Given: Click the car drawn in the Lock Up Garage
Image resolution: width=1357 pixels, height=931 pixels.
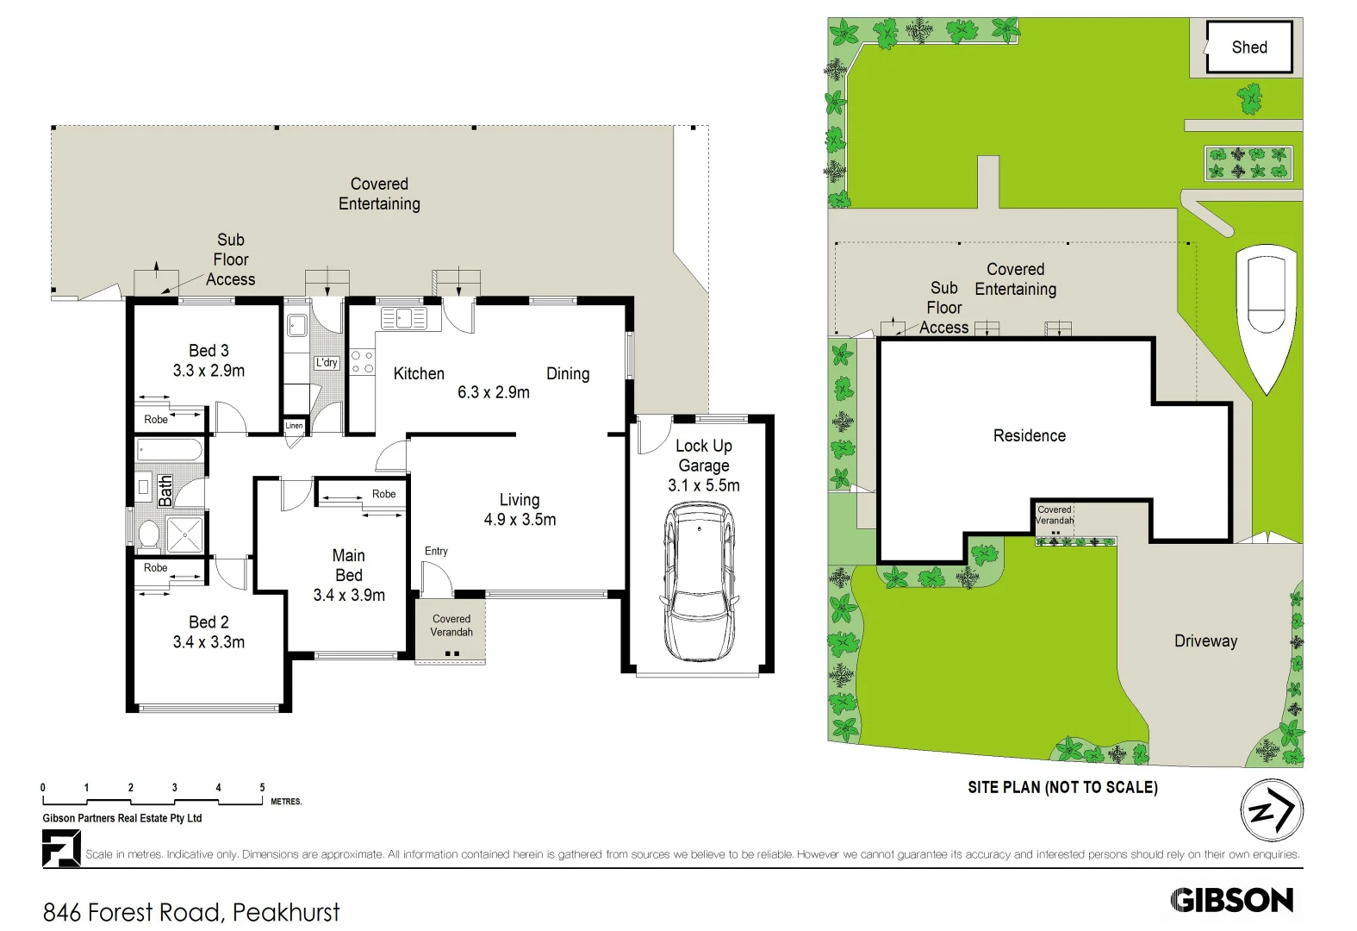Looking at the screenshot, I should (699, 582).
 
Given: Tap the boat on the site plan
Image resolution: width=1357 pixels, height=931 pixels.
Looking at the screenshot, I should (1266, 315).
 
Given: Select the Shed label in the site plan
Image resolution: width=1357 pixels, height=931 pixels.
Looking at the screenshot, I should (1248, 47).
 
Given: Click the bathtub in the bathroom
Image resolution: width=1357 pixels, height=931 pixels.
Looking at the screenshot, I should (170, 450).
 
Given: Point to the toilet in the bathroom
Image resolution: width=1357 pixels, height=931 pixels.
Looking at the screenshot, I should (148, 534).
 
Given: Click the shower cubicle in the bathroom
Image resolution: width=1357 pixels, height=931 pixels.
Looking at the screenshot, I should (184, 534).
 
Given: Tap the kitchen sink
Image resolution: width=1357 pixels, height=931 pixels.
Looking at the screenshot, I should (403, 318).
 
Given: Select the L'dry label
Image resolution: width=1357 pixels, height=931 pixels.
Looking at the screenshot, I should (327, 363).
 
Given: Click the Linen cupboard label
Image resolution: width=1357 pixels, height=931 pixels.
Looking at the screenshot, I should (294, 426).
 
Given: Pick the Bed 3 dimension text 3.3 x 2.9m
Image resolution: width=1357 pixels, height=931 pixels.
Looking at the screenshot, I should (209, 371).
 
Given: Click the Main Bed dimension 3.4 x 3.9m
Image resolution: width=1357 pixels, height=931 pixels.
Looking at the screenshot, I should (349, 595).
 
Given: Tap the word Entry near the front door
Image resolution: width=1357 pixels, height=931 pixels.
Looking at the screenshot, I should (436, 551).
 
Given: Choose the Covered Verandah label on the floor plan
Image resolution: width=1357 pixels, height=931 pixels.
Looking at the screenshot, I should (451, 625).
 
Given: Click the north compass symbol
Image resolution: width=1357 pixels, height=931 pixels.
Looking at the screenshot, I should (1271, 810).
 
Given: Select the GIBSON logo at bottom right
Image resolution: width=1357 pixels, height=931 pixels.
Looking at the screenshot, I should (1232, 900).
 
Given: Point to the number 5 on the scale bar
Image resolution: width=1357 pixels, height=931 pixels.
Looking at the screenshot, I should (263, 788).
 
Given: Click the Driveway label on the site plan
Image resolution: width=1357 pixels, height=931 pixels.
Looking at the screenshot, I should (1205, 640).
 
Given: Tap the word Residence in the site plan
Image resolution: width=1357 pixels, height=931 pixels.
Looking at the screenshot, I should (1029, 435).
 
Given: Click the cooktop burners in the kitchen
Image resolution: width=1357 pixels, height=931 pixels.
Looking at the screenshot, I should (362, 362).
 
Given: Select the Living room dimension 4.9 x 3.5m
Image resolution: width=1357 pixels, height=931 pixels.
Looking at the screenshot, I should (520, 519).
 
